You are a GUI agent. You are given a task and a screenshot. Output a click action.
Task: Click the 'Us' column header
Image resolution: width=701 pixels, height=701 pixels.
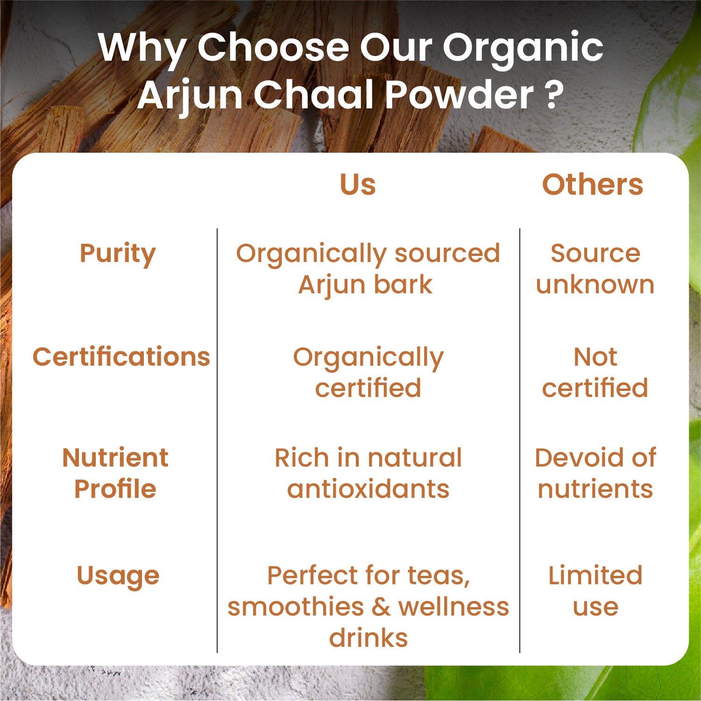point(358,184)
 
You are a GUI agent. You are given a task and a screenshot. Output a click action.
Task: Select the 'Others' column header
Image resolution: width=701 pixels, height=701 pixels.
point(593,184)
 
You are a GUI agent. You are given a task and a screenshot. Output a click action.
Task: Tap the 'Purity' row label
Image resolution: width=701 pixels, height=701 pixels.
point(118,255)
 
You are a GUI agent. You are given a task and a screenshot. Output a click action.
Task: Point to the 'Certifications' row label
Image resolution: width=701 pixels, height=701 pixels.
point(121,357)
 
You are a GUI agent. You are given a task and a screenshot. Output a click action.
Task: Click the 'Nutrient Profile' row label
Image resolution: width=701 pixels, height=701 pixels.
point(115,473)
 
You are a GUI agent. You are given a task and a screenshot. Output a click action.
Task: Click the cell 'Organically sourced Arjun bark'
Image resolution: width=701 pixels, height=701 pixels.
point(368,270)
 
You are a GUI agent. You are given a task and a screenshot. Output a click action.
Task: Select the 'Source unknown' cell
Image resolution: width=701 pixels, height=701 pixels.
point(595,269)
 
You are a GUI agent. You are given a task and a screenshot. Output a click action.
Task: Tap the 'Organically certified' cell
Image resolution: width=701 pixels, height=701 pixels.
point(368,373)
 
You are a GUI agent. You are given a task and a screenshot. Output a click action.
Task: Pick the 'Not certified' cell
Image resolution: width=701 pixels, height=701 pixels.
point(595,372)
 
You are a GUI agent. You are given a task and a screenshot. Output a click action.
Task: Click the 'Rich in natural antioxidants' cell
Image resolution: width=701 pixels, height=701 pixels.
point(368,473)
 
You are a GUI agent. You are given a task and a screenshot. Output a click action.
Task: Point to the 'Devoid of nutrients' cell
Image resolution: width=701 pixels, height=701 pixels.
point(595,473)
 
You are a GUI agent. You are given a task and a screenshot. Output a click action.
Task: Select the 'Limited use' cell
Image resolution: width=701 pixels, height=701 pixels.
point(595,591)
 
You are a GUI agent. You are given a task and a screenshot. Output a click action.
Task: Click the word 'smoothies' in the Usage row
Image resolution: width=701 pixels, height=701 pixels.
point(296,607)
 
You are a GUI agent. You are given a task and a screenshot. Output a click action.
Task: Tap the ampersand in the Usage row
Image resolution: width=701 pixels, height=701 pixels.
point(381,607)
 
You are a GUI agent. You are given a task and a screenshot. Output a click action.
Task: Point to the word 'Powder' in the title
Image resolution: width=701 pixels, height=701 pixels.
point(460,95)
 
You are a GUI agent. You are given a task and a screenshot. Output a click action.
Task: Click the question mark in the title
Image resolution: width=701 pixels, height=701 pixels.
point(554,95)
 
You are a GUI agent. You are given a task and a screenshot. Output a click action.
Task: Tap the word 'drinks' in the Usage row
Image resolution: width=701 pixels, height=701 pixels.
point(368,638)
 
